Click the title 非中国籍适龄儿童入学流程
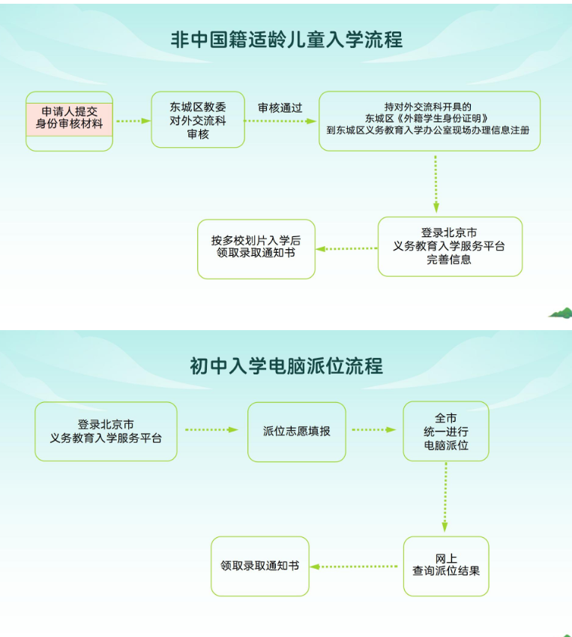tap(286, 39)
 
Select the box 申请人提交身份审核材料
tap(69, 120)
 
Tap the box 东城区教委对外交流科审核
tap(198, 120)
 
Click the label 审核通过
tap(280, 107)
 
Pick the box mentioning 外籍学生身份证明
tap(429, 120)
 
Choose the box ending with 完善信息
tap(450, 246)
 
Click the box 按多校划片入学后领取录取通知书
tap(256, 248)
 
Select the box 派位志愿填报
tap(297, 431)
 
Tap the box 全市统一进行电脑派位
tap(446, 431)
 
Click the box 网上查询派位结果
tap(446, 566)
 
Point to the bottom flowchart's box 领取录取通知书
tap(260, 566)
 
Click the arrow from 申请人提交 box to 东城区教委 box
tap(133, 121)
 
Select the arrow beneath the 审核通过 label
tap(280, 121)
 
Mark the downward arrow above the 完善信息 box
tap(436, 184)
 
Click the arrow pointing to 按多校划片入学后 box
tap(346, 248)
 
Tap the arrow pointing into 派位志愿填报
tap(211, 430)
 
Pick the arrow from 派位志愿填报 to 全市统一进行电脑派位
tap(373, 430)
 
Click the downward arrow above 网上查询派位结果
tap(445, 497)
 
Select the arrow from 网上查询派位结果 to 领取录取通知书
tap(355, 566)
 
